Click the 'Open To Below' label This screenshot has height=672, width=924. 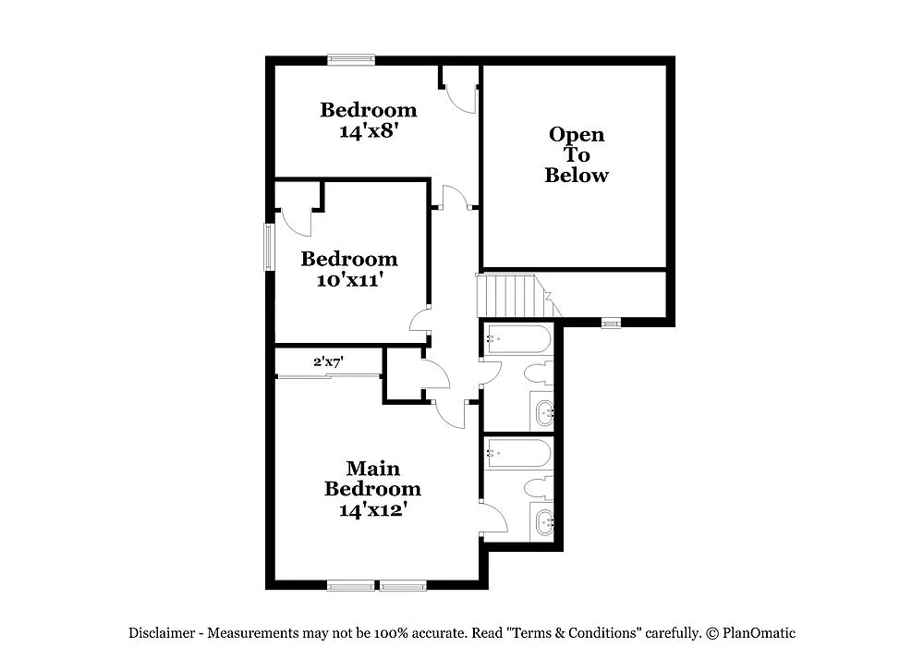click(577, 154)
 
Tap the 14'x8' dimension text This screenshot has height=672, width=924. click(369, 131)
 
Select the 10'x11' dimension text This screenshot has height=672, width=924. click(349, 279)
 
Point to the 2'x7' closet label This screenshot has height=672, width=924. click(328, 362)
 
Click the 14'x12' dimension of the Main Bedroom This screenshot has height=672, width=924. click(372, 509)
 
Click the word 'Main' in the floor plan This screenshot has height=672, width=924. click(373, 469)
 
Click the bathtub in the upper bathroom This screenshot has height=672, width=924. click(518, 340)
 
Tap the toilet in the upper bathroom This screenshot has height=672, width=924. click(538, 374)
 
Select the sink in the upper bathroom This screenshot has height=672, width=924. click(542, 411)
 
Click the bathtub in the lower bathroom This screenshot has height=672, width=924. click(518, 454)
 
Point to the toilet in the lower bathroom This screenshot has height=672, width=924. click(538, 488)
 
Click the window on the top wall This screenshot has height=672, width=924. click(351, 60)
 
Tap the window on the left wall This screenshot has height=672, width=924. click(270, 247)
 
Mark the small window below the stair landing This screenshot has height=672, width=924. click(610, 323)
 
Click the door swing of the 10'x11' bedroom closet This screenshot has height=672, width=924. click(297, 219)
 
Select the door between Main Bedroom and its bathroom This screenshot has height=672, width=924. click(492, 518)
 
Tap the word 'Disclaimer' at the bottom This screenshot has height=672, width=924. click(162, 633)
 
